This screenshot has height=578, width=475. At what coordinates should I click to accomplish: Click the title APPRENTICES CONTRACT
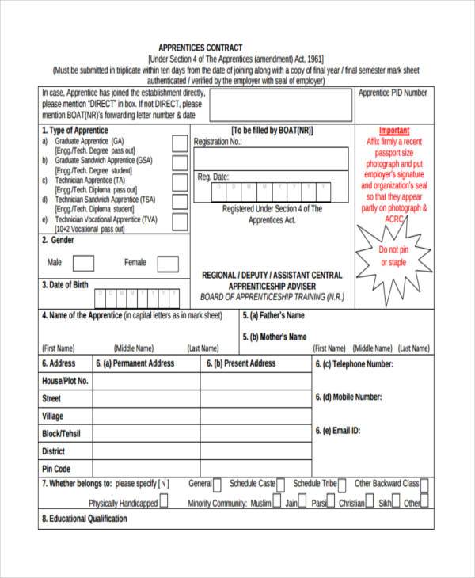tap(200, 48)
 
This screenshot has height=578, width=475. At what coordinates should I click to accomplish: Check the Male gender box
tap(84, 263)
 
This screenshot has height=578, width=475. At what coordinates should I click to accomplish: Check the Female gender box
tap(167, 263)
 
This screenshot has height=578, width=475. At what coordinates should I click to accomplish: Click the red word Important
tap(394, 131)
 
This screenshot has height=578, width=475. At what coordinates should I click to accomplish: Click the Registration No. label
tap(218, 142)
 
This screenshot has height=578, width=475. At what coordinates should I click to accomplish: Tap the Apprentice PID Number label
tap(393, 93)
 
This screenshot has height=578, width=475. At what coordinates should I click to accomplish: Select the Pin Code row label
tap(56, 469)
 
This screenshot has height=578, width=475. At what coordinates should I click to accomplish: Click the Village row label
tap(53, 416)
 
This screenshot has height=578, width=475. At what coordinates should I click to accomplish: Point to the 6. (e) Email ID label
tap(338, 431)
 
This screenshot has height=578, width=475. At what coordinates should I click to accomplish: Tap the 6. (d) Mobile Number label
tap(348, 397)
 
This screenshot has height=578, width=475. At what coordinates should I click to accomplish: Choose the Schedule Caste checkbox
tap(282, 485)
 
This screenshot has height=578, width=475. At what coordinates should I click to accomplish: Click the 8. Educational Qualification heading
tap(84, 519)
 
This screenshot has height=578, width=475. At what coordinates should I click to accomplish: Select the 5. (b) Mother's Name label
tap(274, 337)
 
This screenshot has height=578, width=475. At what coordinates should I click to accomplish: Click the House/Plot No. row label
tap(65, 381)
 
